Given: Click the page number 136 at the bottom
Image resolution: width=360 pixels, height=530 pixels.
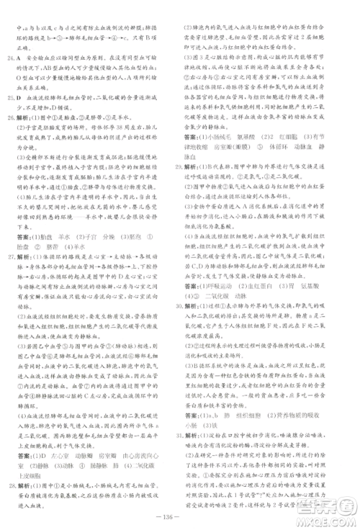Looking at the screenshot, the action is coord(180,513).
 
